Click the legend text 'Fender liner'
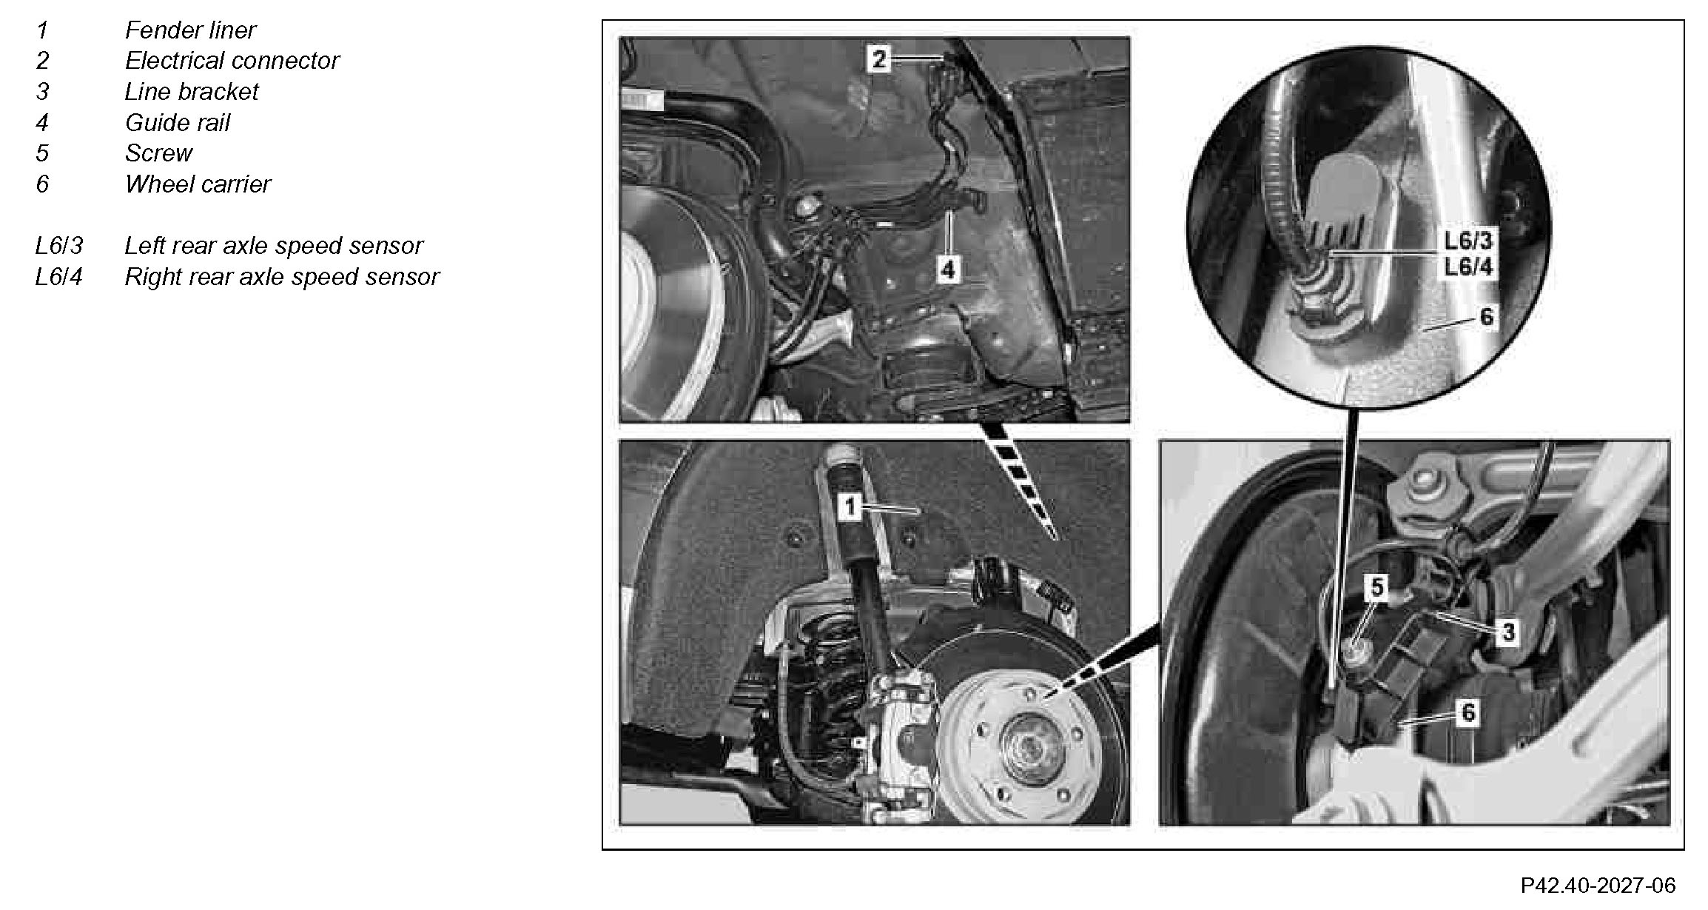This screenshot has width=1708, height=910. click(x=190, y=30)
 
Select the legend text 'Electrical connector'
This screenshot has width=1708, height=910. click(x=232, y=60)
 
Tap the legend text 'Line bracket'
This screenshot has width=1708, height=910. click(x=191, y=91)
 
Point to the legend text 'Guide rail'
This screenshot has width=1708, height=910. click(x=178, y=122)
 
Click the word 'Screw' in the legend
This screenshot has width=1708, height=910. click(x=158, y=153)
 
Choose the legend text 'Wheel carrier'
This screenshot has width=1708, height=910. click(x=198, y=184)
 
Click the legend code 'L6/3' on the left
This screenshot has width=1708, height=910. click(x=59, y=245)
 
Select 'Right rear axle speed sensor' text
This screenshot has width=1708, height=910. click(x=282, y=276)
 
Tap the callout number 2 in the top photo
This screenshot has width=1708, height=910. click(x=878, y=58)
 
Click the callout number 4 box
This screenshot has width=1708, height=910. click(x=948, y=270)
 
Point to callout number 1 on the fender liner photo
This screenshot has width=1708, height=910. click(x=850, y=507)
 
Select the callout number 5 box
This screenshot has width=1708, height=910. click(x=1376, y=587)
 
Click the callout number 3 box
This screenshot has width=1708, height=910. click(x=1507, y=632)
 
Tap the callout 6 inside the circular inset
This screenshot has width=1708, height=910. click(x=1486, y=318)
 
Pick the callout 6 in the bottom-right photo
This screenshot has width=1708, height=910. click(x=1468, y=713)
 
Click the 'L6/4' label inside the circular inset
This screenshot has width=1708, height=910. click(x=1468, y=267)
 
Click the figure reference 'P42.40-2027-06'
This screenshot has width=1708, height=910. click(x=1598, y=885)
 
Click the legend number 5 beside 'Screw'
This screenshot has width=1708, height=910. click(x=42, y=153)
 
